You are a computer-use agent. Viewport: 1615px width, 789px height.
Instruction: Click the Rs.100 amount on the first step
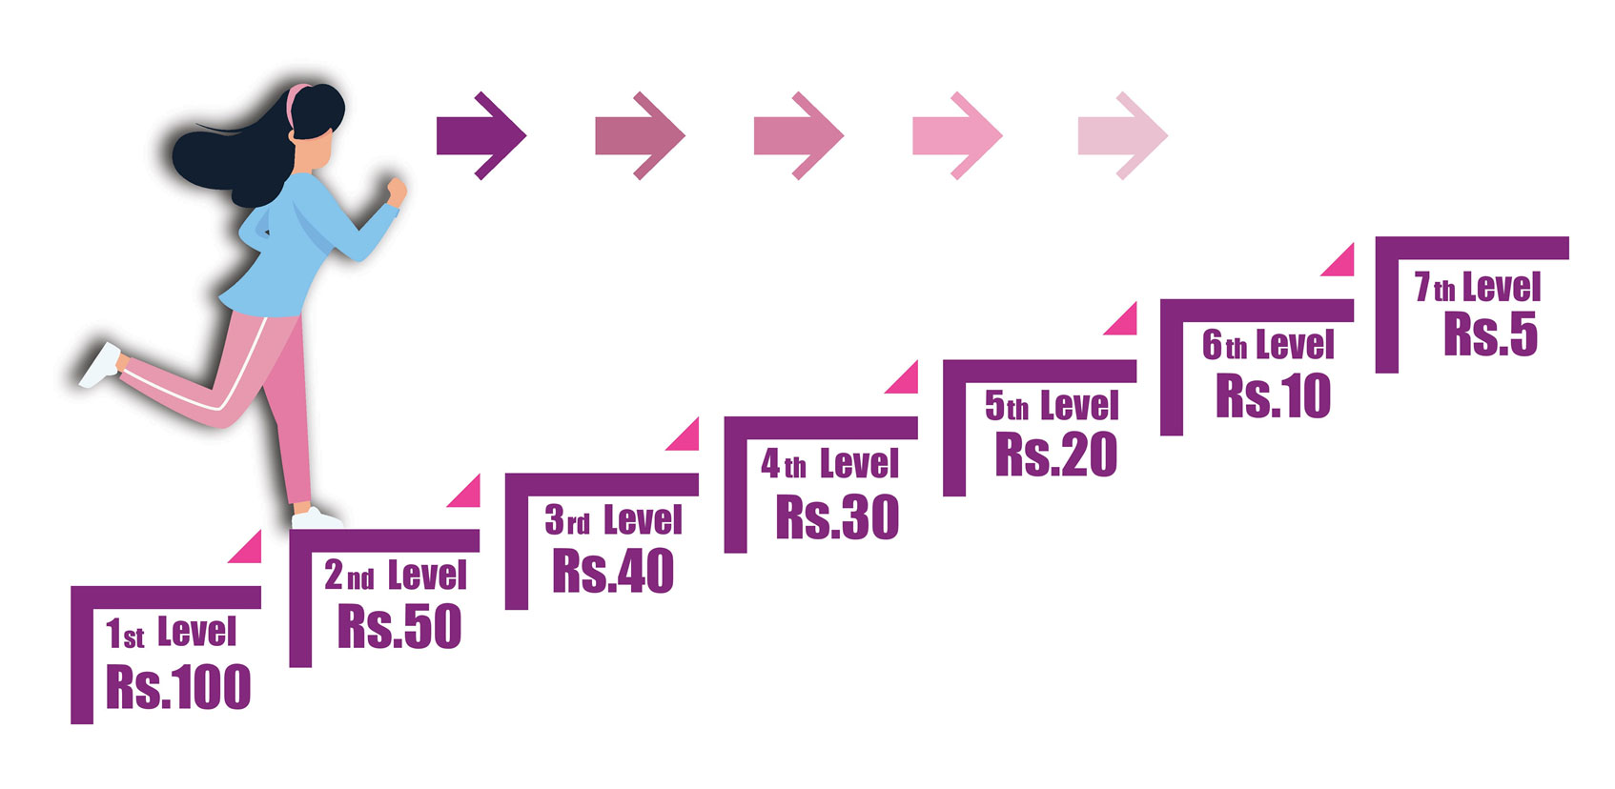coord(178,687)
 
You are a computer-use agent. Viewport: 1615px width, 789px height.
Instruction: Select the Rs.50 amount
coord(399,626)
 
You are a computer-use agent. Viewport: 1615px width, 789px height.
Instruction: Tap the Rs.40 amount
coord(613,571)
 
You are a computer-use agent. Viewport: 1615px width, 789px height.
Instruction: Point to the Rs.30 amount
coord(837,516)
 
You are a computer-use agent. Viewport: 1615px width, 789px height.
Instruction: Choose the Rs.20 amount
coord(1055,455)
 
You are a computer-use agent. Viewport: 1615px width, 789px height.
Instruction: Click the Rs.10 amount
coord(1273,395)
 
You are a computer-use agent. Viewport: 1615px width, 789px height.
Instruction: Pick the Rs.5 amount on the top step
coord(1490,334)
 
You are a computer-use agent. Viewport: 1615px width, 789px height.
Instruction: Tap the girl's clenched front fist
coord(395,190)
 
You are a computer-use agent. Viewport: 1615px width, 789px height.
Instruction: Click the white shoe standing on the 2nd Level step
coord(317,519)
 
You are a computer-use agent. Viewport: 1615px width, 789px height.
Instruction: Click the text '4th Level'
coord(829,465)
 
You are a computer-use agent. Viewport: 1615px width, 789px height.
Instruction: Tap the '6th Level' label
coord(1267,345)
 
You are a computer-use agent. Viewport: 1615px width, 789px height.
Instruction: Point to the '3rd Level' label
coord(613,521)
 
